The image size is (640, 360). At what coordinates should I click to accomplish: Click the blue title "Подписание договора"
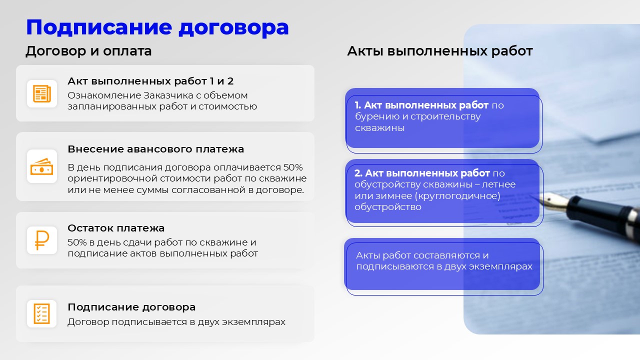[157, 27]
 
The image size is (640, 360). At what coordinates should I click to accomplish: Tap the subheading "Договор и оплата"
[88, 51]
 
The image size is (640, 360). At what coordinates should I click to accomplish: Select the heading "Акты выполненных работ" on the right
[440, 51]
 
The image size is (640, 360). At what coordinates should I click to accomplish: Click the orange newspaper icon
[42, 93]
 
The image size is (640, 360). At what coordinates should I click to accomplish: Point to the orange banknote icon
[41, 166]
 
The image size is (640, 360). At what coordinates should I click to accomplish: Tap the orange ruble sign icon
[41, 240]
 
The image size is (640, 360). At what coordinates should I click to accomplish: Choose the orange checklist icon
[41, 313]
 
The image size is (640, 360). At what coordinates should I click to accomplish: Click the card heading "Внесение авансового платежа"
[155, 149]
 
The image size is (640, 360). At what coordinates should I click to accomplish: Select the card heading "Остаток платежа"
[116, 228]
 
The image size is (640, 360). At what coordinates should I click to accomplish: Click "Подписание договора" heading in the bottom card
[131, 307]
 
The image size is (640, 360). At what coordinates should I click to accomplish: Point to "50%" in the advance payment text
[293, 167]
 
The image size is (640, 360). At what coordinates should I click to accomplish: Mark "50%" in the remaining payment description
[77, 242]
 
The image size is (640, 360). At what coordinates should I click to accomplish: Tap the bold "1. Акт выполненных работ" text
[421, 105]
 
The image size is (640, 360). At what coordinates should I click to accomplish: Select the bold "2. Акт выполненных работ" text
[422, 173]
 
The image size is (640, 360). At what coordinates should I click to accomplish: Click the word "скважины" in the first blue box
[379, 128]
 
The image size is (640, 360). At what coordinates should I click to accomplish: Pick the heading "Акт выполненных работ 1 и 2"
[150, 81]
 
